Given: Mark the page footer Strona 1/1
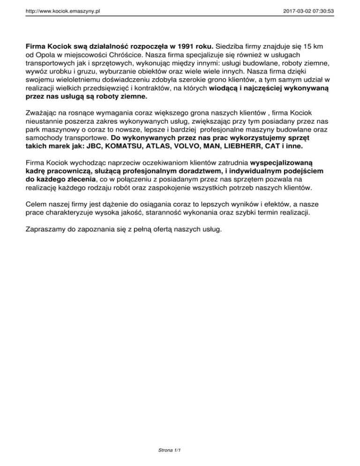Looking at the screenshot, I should pos(170,451).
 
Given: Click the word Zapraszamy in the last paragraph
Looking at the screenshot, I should pos(45,230).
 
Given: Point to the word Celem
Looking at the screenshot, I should pos(37,205).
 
